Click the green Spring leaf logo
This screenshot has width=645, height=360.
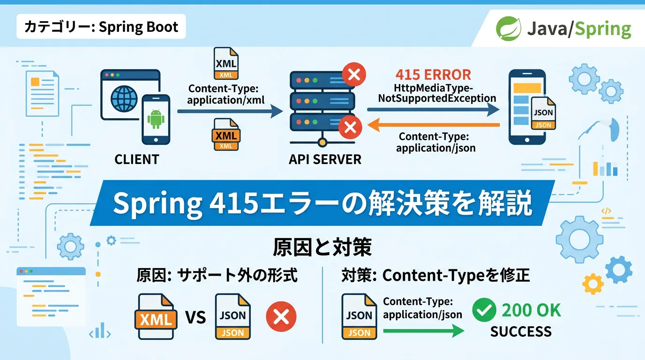click(x=509, y=29)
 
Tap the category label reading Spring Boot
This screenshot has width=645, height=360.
click(x=101, y=27)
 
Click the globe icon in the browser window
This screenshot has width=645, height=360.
click(x=124, y=98)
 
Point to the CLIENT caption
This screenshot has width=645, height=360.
click(x=137, y=159)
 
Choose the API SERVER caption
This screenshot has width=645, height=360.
click(x=325, y=159)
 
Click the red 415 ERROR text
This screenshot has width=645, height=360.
click(x=433, y=75)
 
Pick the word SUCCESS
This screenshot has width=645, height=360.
click(x=521, y=332)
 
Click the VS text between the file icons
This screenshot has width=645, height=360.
click(x=195, y=318)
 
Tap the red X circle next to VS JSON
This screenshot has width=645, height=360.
click(x=281, y=316)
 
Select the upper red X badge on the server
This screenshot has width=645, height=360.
click(x=354, y=75)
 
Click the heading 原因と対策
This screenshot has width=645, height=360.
click(x=322, y=247)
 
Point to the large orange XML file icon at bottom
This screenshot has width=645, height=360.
click(x=156, y=317)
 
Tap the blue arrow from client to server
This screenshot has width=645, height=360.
click(x=230, y=111)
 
